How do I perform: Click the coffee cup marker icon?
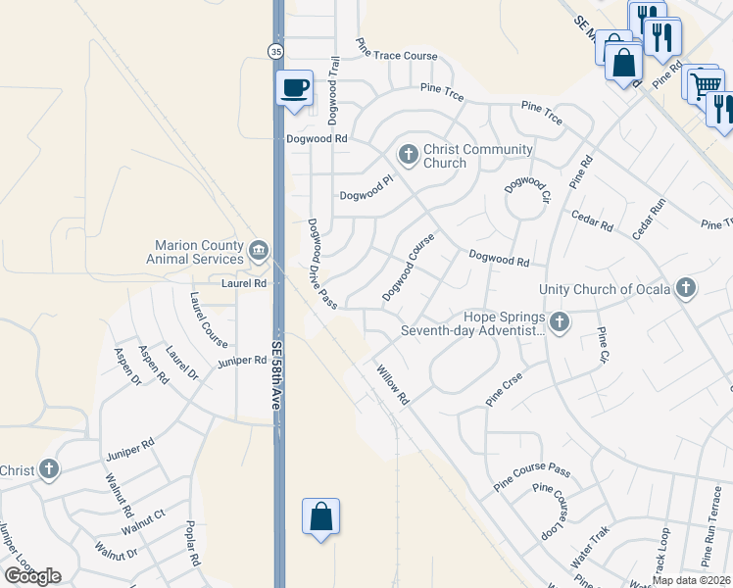(295, 88)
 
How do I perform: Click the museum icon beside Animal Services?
(259, 250)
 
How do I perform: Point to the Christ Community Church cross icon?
(409, 153)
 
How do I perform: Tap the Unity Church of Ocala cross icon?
(687, 288)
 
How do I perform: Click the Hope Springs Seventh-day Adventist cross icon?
(559, 321)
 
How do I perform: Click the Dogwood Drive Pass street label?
(322, 263)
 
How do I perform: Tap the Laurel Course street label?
(209, 319)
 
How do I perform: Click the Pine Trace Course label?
(396, 49)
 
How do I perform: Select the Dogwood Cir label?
(527, 183)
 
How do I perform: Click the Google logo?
(32, 575)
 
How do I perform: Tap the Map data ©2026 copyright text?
(691, 580)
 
